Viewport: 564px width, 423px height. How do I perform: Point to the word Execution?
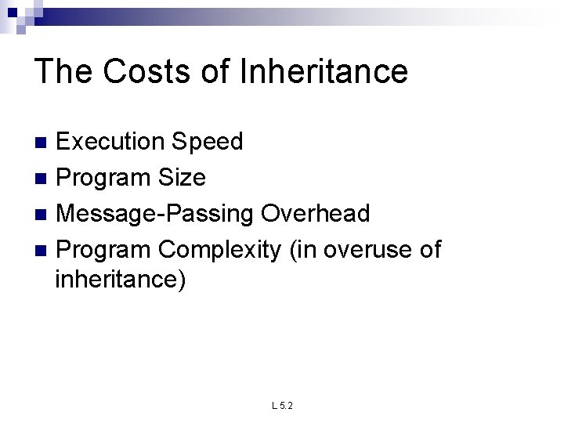point(110,142)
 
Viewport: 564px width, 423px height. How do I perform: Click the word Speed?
point(208,142)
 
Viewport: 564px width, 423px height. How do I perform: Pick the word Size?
point(182,178)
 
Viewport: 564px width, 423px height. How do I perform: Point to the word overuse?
point(360,250)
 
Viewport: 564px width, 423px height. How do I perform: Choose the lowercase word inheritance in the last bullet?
point(121,279)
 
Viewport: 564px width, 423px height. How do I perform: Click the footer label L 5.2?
point(282,406)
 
